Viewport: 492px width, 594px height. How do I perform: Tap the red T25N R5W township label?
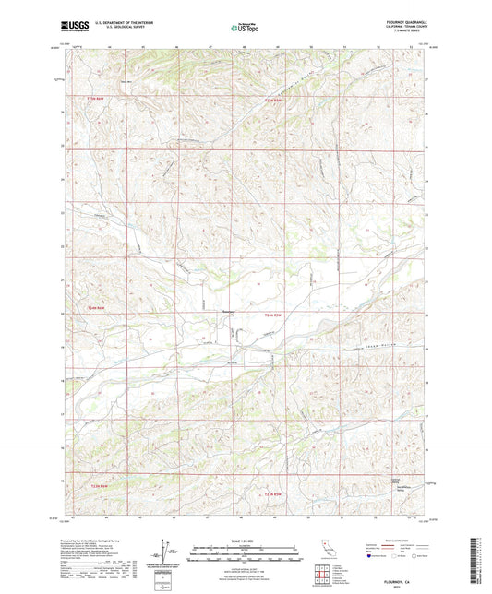pyautogui.click(x=270, y=100)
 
